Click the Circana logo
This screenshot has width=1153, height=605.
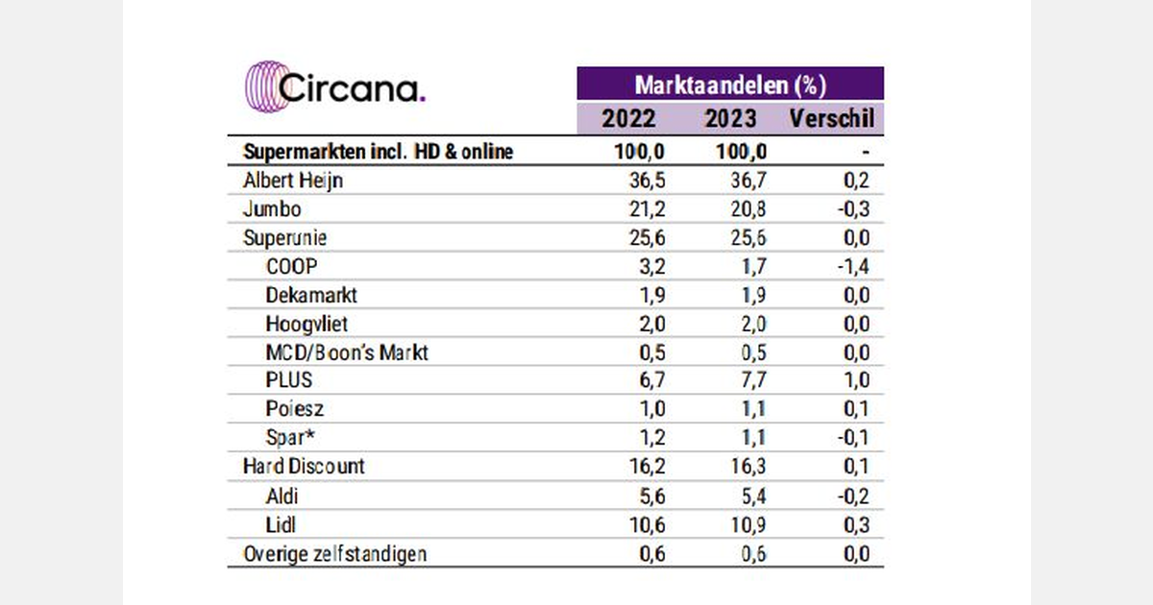[335, 89]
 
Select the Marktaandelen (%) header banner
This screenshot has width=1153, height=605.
[729, 84]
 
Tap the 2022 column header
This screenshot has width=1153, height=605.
[628, 119]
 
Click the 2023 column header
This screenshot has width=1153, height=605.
[730, 119]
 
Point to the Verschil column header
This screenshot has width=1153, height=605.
[831, 119]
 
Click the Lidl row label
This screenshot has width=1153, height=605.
[282, 523]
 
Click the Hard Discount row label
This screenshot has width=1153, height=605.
[305, 467]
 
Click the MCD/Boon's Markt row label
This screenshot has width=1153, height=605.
[347, 351]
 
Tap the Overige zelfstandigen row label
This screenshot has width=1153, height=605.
[335, 553]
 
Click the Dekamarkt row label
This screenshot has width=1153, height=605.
[311, 295]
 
